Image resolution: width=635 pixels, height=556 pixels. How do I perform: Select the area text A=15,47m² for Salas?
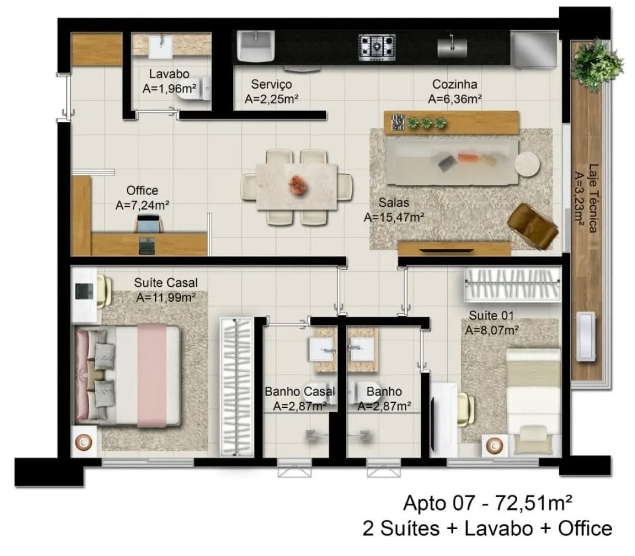click(x=395, y=216)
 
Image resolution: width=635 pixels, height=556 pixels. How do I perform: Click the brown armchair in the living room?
click(x=532, y=226)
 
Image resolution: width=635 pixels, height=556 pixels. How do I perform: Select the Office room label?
click(x=142, y=190)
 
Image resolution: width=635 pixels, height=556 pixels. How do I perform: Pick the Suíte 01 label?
click(x=491, y=316)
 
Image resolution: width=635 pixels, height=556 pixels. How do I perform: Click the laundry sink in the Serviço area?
click(x=256, y=44)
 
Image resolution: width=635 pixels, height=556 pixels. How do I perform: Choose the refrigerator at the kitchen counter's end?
click(x=534, y=47)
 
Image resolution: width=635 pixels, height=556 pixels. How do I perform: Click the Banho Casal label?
click(x=300, y=392)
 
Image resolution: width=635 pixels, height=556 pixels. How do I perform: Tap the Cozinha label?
click(x=455, y=84)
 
